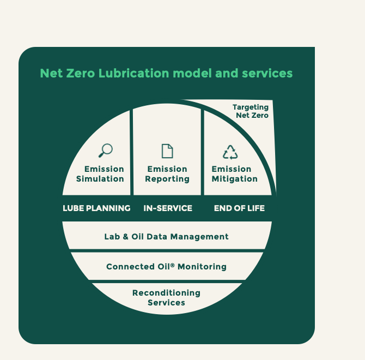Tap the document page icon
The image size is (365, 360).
167,151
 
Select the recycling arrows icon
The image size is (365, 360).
230,152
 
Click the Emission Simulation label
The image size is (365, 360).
100,174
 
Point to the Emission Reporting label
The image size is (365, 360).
167,174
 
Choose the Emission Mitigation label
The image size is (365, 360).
234,174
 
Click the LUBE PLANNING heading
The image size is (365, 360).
96,208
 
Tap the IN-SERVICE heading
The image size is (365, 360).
168,208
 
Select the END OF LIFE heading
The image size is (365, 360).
239,208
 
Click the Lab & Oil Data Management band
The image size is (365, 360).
166,237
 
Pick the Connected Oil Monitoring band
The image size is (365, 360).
166,267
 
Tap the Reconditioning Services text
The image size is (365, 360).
166,298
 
